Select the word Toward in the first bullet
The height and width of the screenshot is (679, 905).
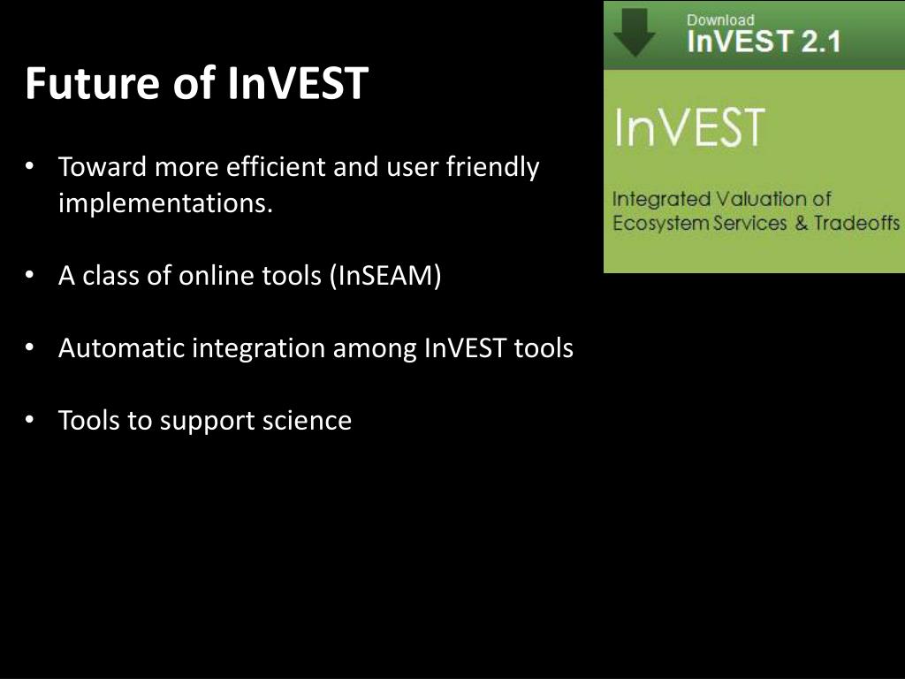coord(103,167)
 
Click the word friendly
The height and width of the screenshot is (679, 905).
coord(493,168)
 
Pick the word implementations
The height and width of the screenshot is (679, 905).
coord(165,203)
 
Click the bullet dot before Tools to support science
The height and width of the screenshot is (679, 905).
coord(30,420)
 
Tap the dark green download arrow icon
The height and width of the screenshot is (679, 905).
coord(634,32)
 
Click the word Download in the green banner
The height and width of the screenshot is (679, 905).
coord(720,20)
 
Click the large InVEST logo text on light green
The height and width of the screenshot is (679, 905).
coord(689,127)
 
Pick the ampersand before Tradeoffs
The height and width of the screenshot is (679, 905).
coord(801,223)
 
